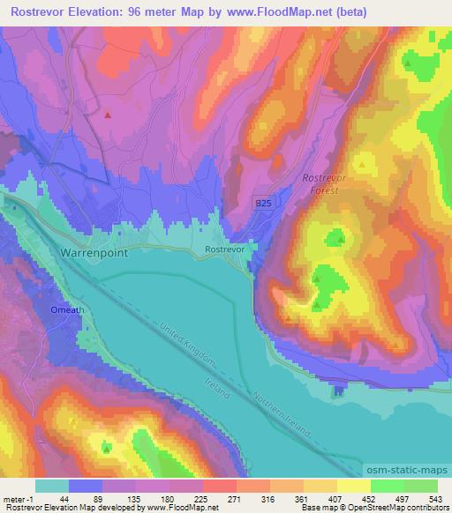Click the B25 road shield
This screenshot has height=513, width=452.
[263, 204]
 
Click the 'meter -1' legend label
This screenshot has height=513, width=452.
[19, 498]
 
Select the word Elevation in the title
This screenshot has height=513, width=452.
[94, 12]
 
